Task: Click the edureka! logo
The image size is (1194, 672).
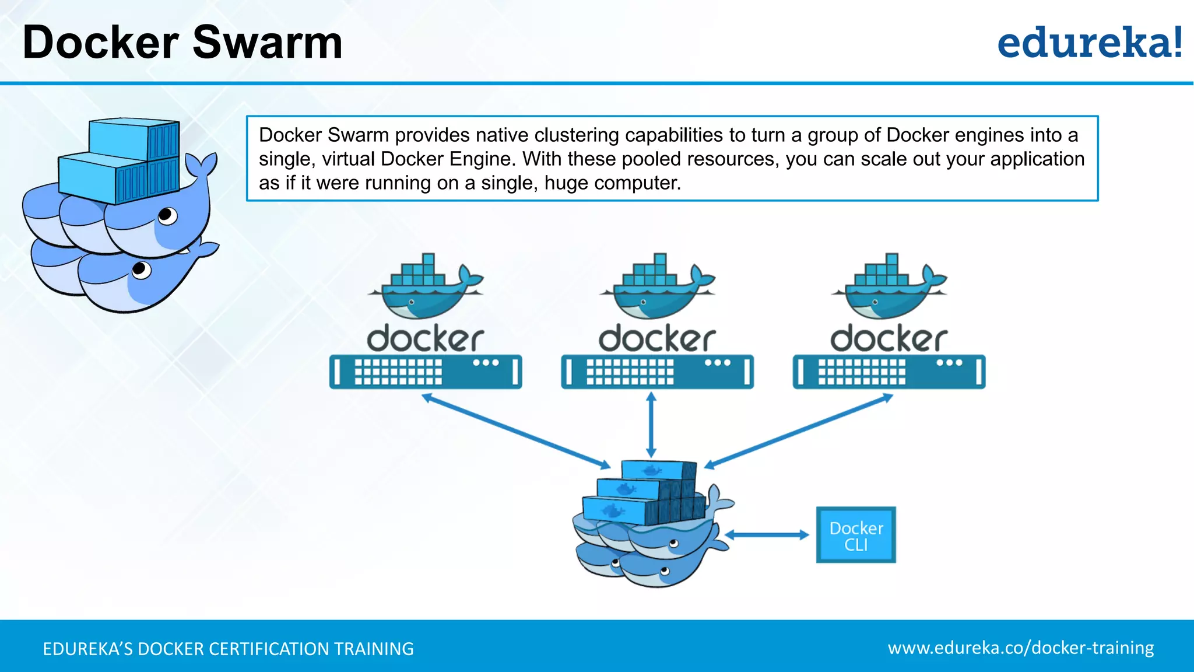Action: (x=1089, y=43)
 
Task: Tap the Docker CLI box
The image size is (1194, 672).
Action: (x=856, y=535)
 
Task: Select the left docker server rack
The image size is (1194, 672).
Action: (x=425, y=372)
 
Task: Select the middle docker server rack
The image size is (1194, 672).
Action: (x=657, y=372)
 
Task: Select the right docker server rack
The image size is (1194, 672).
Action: (x=889, y=372)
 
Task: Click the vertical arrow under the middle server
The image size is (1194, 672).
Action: (x=651, y=425)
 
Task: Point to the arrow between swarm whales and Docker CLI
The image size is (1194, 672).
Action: (x=766, y=535)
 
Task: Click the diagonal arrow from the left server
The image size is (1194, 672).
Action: (x=516, y=432)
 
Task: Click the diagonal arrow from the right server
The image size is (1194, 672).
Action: (x=799, y=432)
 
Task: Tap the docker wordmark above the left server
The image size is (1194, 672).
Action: (x=425, y=339)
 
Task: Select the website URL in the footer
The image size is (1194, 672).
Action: (x=1020, y=648)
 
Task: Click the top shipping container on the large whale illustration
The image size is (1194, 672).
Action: (x=134, y=139)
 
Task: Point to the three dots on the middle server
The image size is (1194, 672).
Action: (x=717, y=363)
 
